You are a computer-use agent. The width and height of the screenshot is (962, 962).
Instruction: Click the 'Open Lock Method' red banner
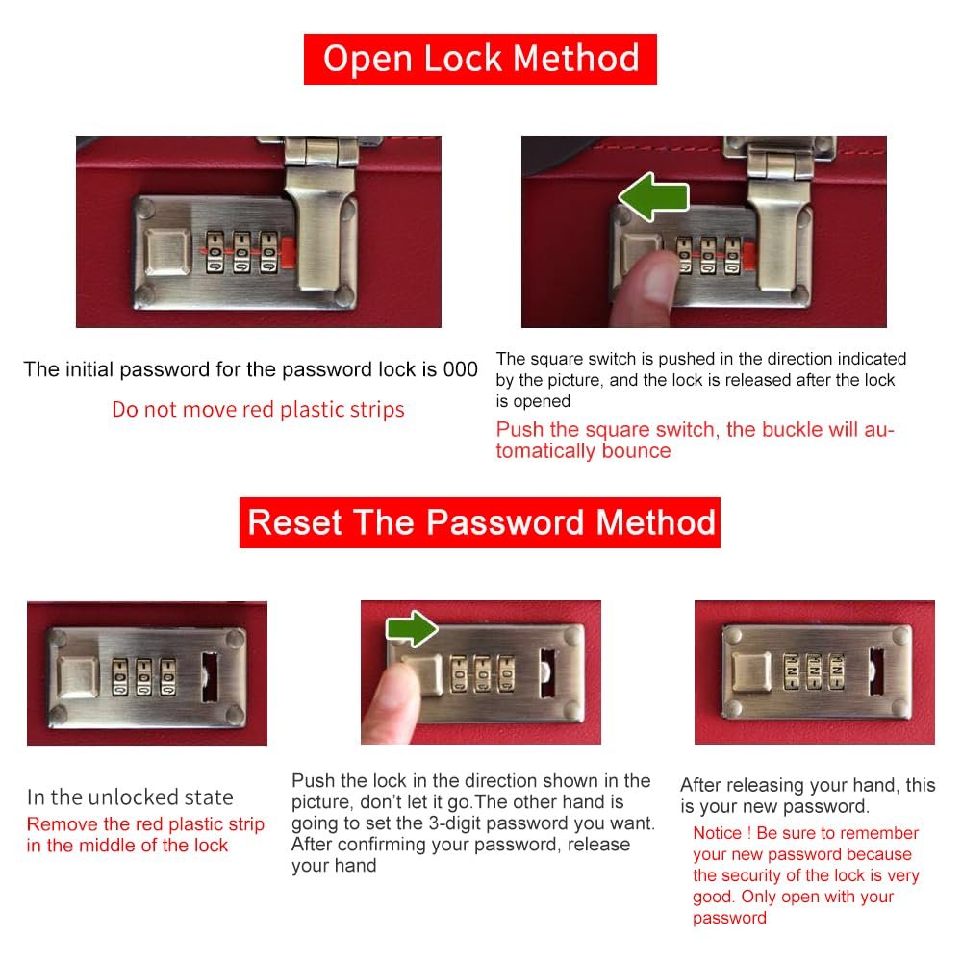480,59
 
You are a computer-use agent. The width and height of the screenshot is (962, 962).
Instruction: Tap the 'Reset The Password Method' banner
480,522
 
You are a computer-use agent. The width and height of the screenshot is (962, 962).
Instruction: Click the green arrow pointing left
654,197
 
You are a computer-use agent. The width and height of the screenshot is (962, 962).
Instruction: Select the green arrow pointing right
412,628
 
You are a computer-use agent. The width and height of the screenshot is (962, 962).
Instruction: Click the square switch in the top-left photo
167,251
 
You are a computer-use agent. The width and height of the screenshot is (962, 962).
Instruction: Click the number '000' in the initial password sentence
460,369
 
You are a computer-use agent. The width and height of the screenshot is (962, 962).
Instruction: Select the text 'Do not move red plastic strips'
258,409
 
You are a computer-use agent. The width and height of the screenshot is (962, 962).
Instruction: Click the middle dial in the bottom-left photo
144,677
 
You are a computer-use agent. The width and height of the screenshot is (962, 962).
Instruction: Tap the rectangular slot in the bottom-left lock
210,676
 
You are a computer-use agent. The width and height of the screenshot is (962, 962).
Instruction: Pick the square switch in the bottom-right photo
752,671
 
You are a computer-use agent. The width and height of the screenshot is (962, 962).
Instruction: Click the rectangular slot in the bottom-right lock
876,672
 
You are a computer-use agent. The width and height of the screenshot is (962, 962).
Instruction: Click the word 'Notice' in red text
718,833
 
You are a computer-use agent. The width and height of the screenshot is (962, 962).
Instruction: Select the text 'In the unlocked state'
130,797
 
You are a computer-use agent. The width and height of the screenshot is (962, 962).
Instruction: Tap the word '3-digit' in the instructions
461,823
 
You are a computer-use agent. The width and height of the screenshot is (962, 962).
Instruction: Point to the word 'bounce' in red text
636,450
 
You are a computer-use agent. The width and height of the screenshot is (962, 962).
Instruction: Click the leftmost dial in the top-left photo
215,251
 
